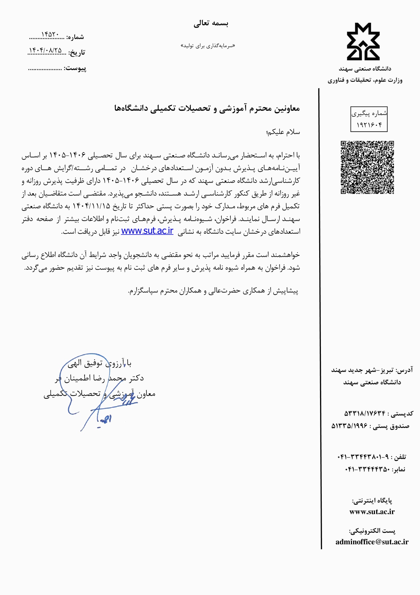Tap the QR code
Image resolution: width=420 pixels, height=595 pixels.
pyautogui.click(x=367, y=167)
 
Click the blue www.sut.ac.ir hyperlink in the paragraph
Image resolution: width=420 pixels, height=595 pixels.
pyautogui.click(x=147, y=231)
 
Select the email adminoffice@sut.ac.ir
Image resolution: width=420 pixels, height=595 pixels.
pyautogui.click(x=372, y=542)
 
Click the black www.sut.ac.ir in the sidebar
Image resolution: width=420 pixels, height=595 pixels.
pyautogui.click(x=372, y=511)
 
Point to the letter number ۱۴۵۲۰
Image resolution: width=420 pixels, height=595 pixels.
pyautogui.click(x=50, y=34)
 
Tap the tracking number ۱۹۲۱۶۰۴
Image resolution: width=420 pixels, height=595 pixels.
pyautogui.click(x=369, y=125)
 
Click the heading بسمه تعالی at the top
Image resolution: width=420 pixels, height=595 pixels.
pyautogui.click(x=211, y=23)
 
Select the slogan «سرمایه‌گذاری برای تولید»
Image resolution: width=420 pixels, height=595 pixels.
pyautogui.click(x=208, y=46)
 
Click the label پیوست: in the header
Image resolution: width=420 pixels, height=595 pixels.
pyautogui.click(x=75, y=68)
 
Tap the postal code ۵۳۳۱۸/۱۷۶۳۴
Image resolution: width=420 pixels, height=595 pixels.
pyautogui.click(x=365, y=413)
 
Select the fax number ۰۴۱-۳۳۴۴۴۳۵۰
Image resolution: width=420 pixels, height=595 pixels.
pyautogui.click(x=367, y=469)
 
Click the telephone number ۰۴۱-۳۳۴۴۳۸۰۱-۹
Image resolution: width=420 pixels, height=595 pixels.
pyautogui.click(x=363, y=457)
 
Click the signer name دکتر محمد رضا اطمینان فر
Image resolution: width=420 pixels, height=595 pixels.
pyautogui.click(x=99, y=378)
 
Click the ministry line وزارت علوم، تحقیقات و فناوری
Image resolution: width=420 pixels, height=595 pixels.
pyautogui.click(x=365, y=80)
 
